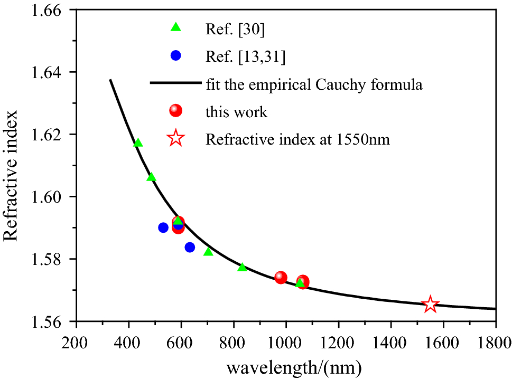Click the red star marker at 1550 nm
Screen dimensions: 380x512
coord(430,304)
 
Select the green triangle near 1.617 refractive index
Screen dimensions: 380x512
coord(138,143)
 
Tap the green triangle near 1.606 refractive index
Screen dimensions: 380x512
coord(151,177)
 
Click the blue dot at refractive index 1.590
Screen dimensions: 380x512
coord(163,227)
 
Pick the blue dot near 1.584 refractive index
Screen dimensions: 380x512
coord(190,247)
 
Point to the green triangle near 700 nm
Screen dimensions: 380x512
coord(208,252)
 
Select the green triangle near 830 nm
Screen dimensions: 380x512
coord(242,267)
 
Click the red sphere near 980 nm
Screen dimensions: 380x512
coord(281,278)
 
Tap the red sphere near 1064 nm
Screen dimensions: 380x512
coord(303,282)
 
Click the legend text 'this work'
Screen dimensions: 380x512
coord(236,111)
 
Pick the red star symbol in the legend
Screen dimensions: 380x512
coord(175,139)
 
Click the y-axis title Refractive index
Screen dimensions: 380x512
coord(12,175)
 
